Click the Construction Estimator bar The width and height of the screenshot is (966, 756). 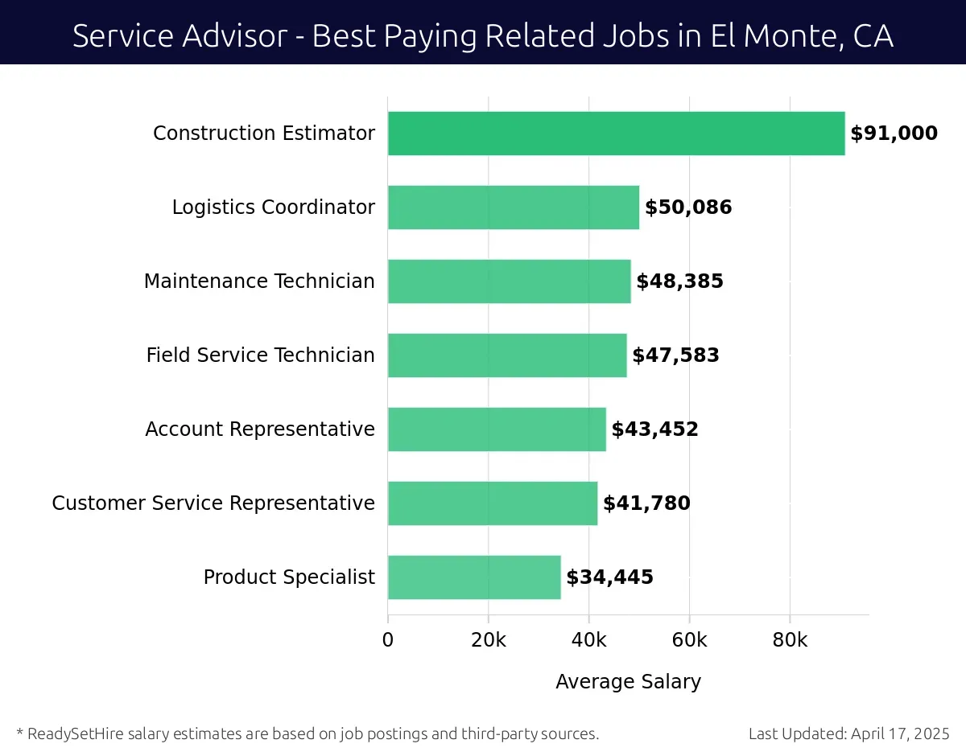click(616, 134)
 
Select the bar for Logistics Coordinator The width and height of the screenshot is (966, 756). click(513, 207)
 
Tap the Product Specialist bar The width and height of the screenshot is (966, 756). click(473, 577)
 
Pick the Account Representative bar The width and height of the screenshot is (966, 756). click(496, 429)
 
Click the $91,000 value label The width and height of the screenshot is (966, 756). click(894, 134)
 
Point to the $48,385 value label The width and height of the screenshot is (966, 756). click(679, 281)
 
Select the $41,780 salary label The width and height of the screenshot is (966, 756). click(646, 503)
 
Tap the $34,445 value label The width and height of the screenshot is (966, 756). click(609, 577)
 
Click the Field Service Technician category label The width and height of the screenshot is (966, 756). click(260, 355)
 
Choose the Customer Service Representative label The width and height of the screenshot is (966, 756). click(213, 503)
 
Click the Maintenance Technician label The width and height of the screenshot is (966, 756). click(259, 281)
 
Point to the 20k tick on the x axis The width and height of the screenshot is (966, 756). click(488, 640)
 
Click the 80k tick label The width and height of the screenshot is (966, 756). click(789, 640)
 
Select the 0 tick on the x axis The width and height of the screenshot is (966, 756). click(388, 640)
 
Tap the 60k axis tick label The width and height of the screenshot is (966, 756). click(689, 640)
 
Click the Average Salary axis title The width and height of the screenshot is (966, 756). click(628, 682)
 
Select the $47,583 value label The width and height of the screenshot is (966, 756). click(675, 355)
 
